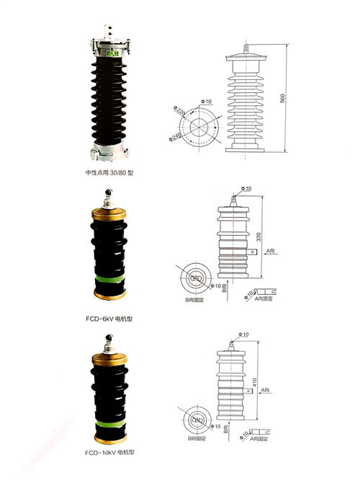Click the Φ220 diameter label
[180, 113]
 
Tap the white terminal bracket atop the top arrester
[112, 32]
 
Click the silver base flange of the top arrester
[111, 152]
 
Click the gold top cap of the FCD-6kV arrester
[111, 215]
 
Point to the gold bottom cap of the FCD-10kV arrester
[112, 434]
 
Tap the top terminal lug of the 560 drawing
[247, 49]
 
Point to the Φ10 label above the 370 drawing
[246, 189]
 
